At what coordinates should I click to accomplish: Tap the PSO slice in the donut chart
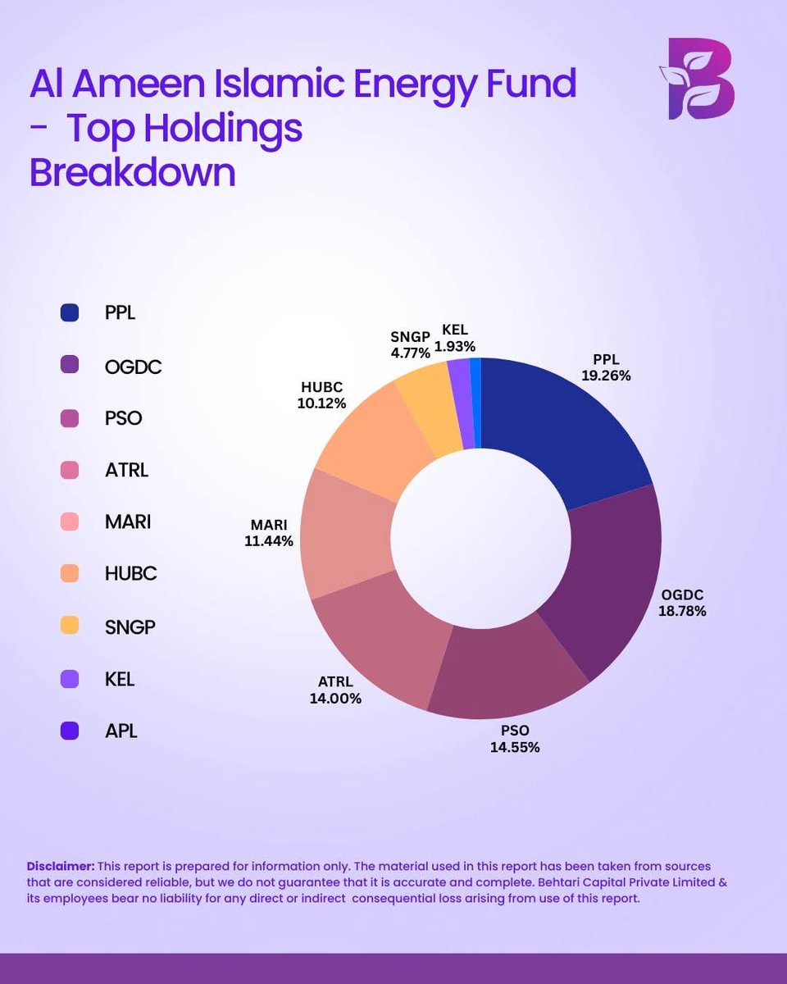[508, 664]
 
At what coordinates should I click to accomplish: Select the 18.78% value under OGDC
[682, 611]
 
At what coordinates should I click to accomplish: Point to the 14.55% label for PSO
[516, 747]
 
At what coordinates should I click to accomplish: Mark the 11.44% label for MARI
[268, 540]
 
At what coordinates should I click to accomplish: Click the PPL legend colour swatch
[70, 312]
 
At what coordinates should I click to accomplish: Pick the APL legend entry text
[121, 730]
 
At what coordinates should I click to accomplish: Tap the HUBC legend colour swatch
[70, 573]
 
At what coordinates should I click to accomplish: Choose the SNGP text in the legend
[130, 626]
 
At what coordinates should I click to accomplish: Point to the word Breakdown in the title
[133, 173]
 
